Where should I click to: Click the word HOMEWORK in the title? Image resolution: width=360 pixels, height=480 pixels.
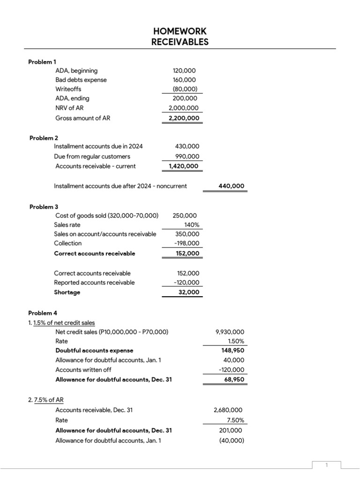pyautogui.click(x=180, y=31)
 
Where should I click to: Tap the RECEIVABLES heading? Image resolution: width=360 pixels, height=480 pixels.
pyautogui.click(x=180, y=42)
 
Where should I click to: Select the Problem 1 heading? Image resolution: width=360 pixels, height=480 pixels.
pyautogui.click(x=42, y=61)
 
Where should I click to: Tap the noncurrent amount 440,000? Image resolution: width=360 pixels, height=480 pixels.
pyautogui.click(x=231, y=186)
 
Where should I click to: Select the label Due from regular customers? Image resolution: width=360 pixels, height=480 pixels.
pyautogui.click(x=92, y=157)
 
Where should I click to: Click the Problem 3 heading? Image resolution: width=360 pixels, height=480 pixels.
pyautogui.click(x=44, y=207)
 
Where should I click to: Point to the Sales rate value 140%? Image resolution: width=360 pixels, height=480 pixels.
pyautogui.click(x=191, y=225)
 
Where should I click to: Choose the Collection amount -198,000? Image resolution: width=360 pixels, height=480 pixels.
pyautogui.click(x=187, y=243)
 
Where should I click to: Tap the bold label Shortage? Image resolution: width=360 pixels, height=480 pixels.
pyautogui.click(x=67, y=292)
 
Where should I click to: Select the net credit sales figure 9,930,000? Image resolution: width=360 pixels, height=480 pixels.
pyautogui.click(x=230, y=332)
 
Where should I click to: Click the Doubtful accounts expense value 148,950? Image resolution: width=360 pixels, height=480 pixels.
pyautogui.click(x=232, y=350)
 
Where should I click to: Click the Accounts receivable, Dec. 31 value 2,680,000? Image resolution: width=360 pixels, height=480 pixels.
pyautogui.click(x=229, y=410)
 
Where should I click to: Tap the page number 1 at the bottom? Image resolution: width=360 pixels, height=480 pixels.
pyautogui.click(x=327, y=465)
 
